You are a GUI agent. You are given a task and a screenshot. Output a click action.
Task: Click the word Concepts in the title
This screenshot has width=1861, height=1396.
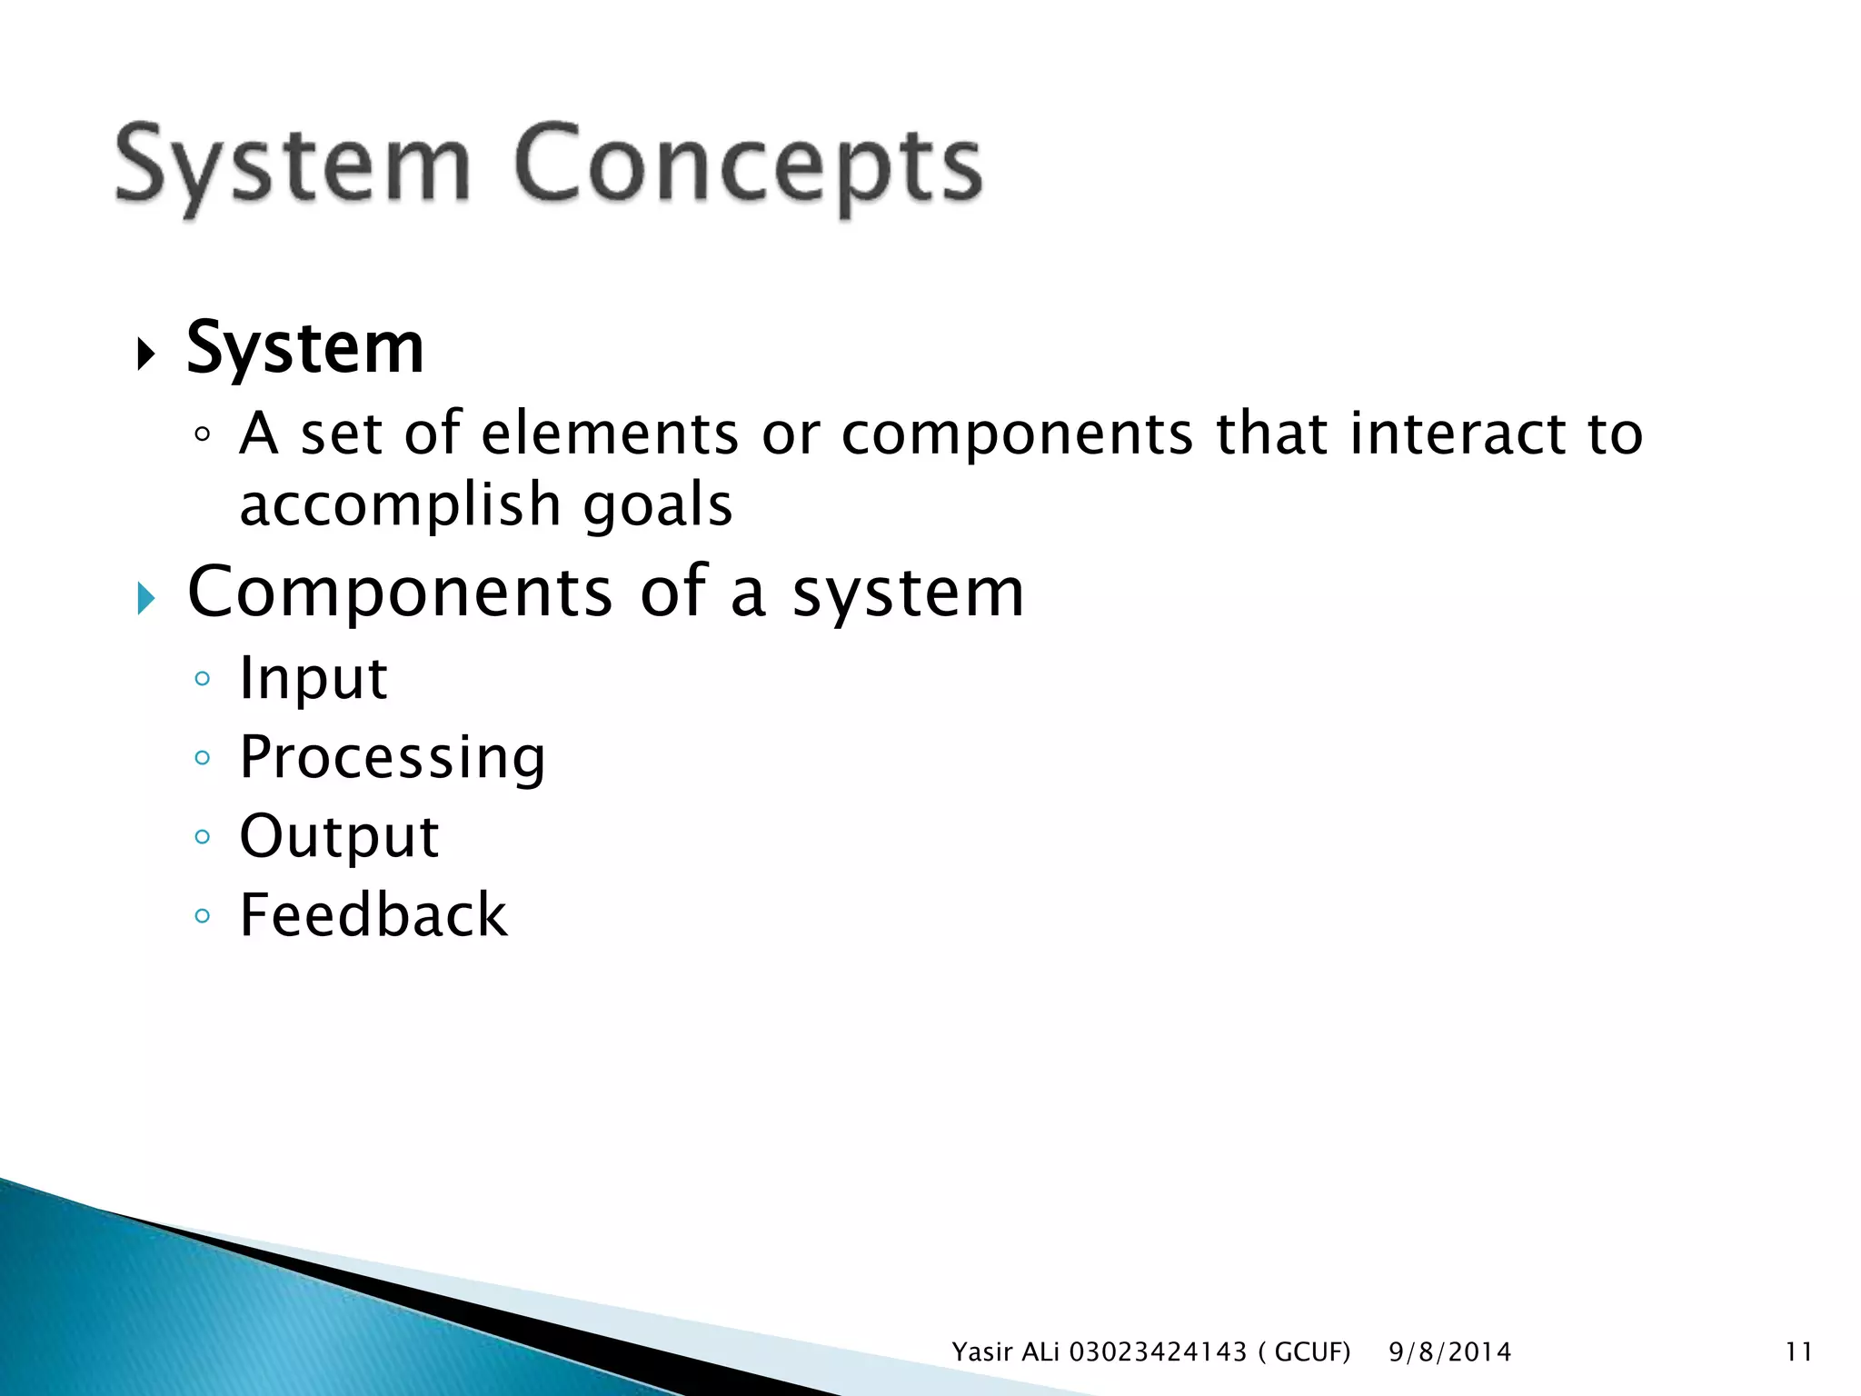click(x=747, y=166)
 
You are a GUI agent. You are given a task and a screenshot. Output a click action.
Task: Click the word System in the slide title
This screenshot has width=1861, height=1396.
click(x=293, y=166)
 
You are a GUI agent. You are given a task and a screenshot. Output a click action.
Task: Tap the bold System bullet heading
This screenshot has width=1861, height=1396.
click(x=305, y=350)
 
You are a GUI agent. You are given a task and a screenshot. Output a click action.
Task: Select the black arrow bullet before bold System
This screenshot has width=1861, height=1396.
click(x=145, y=354)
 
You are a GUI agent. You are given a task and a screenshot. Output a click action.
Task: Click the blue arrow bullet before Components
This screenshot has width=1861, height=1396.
click(x=145, y=598)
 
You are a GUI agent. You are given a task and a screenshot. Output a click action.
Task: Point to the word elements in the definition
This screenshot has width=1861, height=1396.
click(x=609, y=433)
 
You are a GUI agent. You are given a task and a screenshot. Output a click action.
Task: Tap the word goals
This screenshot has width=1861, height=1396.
click(x=657, y=505)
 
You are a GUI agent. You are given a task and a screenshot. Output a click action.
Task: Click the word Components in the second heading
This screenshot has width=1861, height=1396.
click(x=400, y=593)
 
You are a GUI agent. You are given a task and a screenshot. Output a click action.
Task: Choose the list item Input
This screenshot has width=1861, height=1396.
click(x=313, y=678)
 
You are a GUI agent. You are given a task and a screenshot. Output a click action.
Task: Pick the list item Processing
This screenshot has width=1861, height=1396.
click(x=393, y=757)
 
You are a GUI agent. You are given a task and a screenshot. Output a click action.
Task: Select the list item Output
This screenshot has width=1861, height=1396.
click(x=339, y=836)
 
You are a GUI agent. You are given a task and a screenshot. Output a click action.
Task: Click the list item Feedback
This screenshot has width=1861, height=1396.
click(x=373, y=915)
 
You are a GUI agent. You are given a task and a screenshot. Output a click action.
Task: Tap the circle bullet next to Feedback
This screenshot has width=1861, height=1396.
click(x=203, y=916)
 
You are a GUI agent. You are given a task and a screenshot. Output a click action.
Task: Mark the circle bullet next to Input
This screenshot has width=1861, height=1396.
click(x=203, y=679)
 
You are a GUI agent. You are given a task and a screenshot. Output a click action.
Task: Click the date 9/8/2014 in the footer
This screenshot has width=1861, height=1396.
click(x=1449, y=1352)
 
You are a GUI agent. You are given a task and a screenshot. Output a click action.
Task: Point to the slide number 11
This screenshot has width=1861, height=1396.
click(x=1798, y=1352)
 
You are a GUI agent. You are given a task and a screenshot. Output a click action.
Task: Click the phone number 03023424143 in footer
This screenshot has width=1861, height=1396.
click(x=1158, y=1352)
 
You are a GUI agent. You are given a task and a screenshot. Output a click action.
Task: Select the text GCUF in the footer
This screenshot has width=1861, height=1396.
click(x=1311, y=1352)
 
